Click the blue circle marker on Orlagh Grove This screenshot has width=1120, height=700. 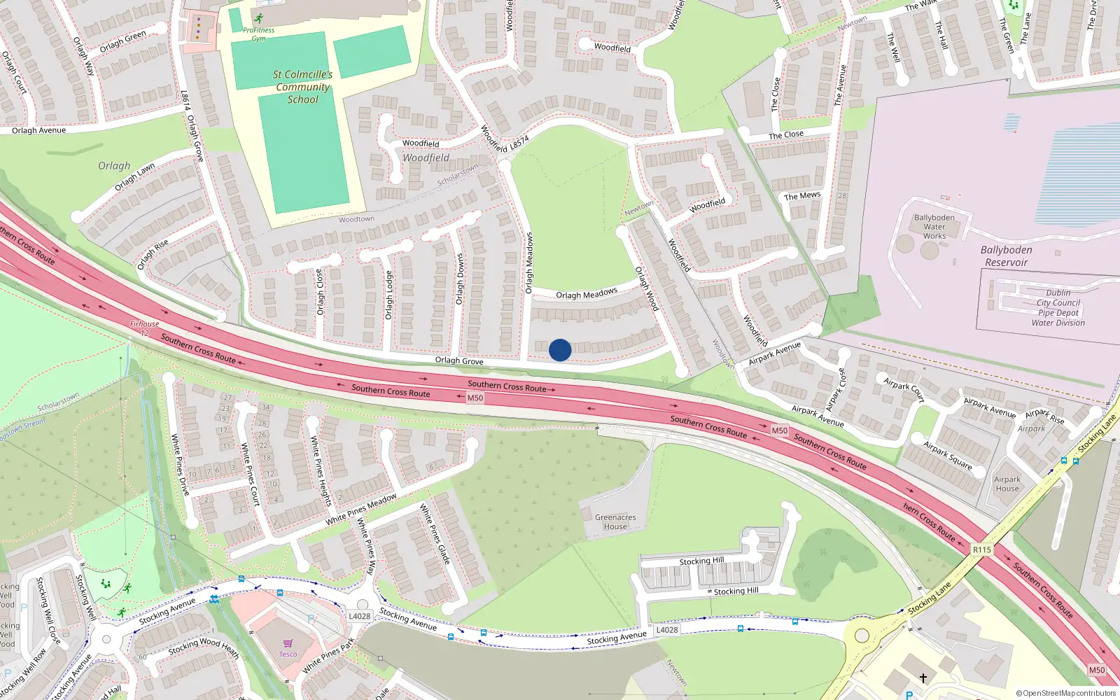[x=560, y=350]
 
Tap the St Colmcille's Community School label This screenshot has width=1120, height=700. [x=302, y=87]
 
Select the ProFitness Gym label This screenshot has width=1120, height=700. [x=258, y=34]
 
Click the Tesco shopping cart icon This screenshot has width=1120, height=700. [x=288, y=643]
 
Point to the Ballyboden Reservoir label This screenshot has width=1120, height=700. [x=1006, y=256]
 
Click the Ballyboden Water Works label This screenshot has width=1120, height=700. [x=934, y=227]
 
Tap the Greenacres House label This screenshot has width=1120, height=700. [x=615, y=522]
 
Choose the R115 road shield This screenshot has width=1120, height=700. [x=982, y=549]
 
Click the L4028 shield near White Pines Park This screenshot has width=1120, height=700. [x=359, y=616]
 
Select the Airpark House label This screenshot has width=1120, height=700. [x=1007, y=484]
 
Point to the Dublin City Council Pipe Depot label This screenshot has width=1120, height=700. [x=1058, y=308]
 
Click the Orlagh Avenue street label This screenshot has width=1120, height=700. [x=38, y=130]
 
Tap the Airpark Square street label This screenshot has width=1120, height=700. [x=947, y=455]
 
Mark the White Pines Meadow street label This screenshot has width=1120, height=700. [x=361, y=510]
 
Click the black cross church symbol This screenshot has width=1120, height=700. [x=923, y=678]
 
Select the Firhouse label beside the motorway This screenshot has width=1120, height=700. [x=144, y=324]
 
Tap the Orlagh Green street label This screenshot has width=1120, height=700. [x=123, y=41]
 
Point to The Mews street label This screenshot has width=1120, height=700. [x=802, y=196]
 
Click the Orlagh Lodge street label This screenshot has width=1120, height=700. [x=389, y=295]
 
